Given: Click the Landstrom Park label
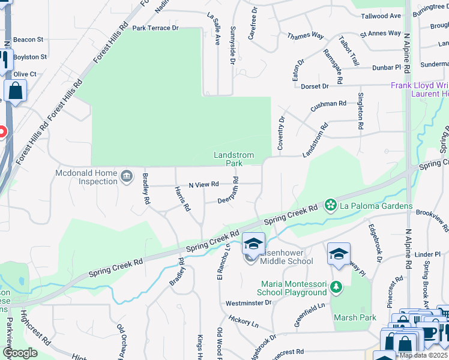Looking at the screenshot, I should (234, 159).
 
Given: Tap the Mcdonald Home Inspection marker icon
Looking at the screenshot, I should (127, 176).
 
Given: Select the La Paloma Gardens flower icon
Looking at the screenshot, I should (330, 206).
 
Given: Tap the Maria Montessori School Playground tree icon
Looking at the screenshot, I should (336, 288).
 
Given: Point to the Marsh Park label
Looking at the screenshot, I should (355, 317).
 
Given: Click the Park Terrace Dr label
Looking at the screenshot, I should (155, 28).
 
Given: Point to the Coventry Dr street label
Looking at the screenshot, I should (280, 133).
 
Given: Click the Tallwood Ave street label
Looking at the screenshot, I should (380, 16).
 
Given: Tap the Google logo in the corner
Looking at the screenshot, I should (19, 353).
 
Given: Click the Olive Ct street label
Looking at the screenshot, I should (25, 74).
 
